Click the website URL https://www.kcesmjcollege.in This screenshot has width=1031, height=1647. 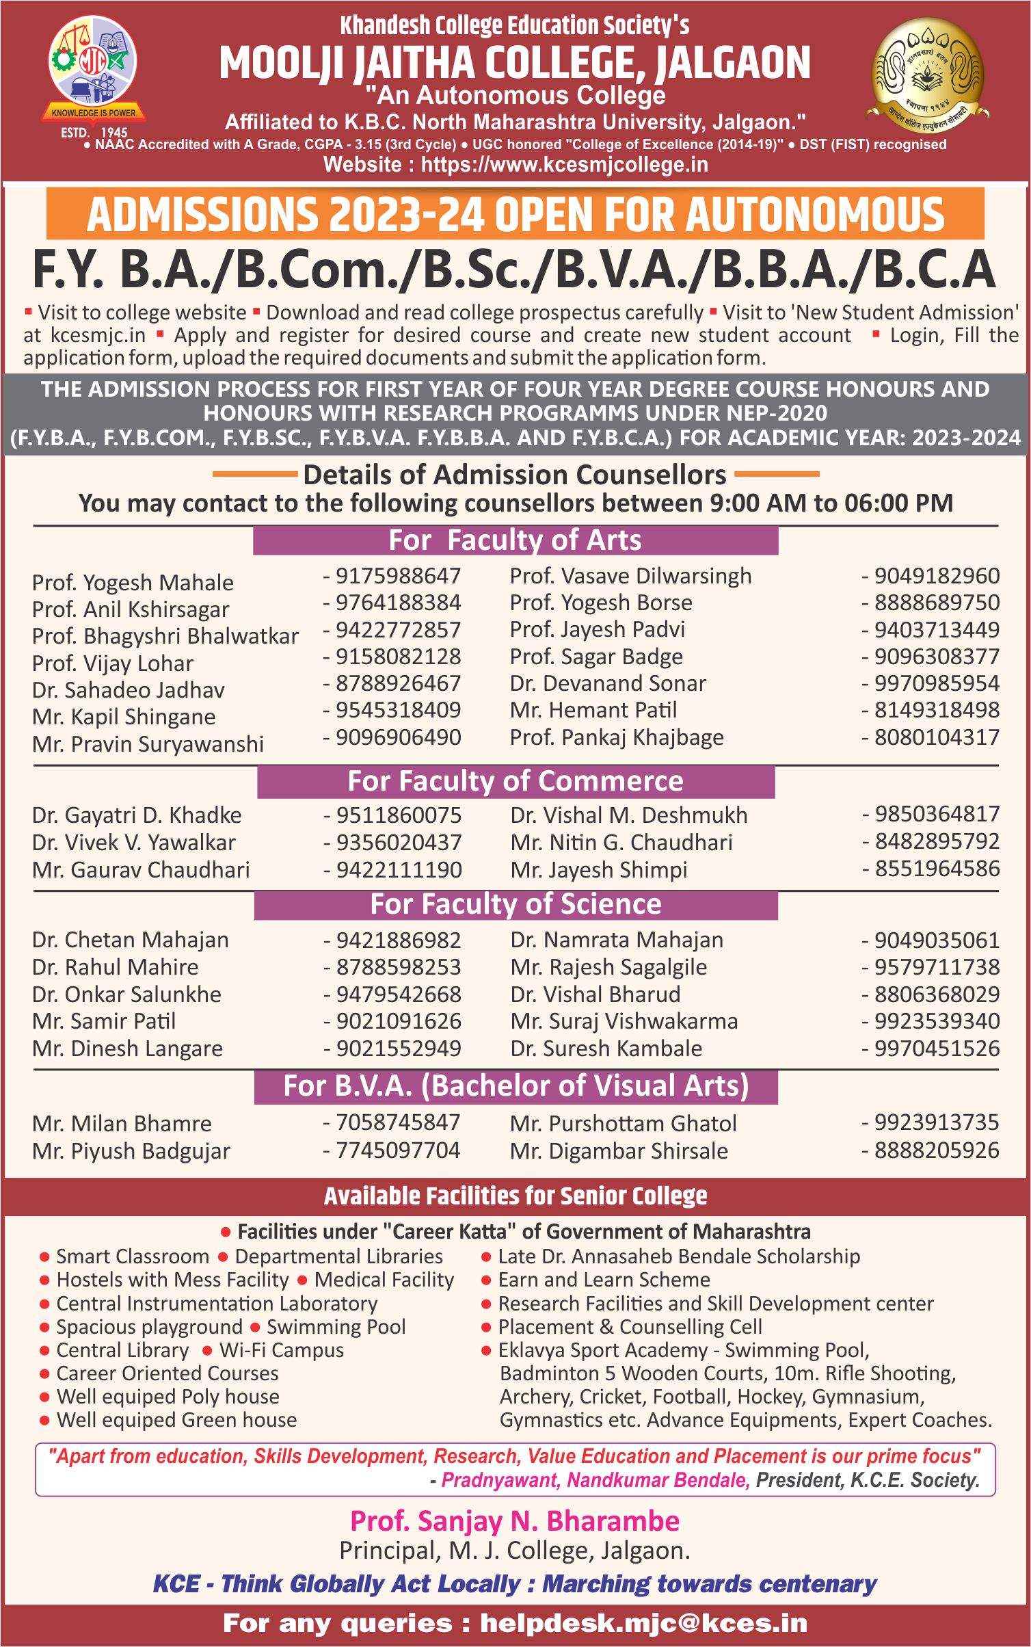(x=564, y=165)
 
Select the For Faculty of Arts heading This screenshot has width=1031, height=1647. (x=515, y=540)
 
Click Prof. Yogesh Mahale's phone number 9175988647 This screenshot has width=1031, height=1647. (x=398, y=576)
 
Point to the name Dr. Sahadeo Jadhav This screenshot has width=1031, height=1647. (x=129, y=690)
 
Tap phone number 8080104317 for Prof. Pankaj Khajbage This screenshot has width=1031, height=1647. (x=937, y=737)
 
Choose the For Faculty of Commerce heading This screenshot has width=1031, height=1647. (x=515, y=781)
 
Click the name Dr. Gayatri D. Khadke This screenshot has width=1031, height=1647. (x=137, y=815)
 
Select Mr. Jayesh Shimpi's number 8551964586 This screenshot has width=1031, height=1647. (x=937, y=869)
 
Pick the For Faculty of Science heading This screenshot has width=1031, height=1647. (x=515, y=904)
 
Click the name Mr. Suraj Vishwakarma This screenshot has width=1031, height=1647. (x=624, y=1021)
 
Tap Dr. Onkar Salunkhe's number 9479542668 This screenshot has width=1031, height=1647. (x=398, y=994)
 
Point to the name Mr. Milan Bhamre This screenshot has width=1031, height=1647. (x=122, y=1124)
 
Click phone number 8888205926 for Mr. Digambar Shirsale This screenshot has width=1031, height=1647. (x=937, y=1150)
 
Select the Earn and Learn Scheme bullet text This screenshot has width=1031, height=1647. (x=604, y=1280)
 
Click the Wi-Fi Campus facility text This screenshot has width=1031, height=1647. (x=281, y=1350)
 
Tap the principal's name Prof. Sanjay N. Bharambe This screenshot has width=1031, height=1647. (x=515, y=1521)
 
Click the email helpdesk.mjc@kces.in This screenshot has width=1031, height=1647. (x=643, y=1623)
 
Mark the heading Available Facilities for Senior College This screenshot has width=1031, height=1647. (x=515, y=1196)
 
